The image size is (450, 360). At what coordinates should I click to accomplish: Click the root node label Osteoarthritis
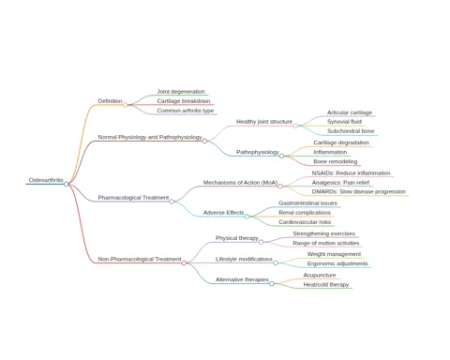pos(46,180)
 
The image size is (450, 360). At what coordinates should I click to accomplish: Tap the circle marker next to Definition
pos(125,105)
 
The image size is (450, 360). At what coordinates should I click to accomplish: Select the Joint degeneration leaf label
pos(181,92)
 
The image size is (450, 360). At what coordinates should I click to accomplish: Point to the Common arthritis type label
pos(186,111)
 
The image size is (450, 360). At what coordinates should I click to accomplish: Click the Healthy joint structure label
pos(264,122)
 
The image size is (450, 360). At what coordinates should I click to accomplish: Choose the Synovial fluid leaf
pos(344,122)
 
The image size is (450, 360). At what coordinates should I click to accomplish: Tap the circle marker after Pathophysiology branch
pos(281,156)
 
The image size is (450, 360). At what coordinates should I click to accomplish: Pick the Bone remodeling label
pos(336,161)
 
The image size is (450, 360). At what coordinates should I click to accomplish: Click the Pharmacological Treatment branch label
pos(133,198)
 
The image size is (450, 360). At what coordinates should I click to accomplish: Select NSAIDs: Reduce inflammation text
pos(351,173)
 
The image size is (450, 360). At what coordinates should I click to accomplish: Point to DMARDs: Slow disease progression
pos(359,191)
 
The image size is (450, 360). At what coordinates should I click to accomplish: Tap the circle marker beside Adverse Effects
pos(247,217)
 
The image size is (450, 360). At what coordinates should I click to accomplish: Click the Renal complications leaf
pos(305,213)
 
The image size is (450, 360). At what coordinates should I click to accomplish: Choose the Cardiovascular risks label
pos(305,222)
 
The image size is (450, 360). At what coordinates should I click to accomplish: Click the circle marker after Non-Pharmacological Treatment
pos(184,262)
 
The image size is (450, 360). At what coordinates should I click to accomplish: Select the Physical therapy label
pos(237,238)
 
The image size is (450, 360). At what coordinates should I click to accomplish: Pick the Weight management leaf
pos(334,254)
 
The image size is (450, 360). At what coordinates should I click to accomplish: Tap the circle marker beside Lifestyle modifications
pos(276,262)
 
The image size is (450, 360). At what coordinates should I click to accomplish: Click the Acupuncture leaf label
pos(320,275)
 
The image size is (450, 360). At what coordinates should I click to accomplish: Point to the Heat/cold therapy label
pos(326,285)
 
